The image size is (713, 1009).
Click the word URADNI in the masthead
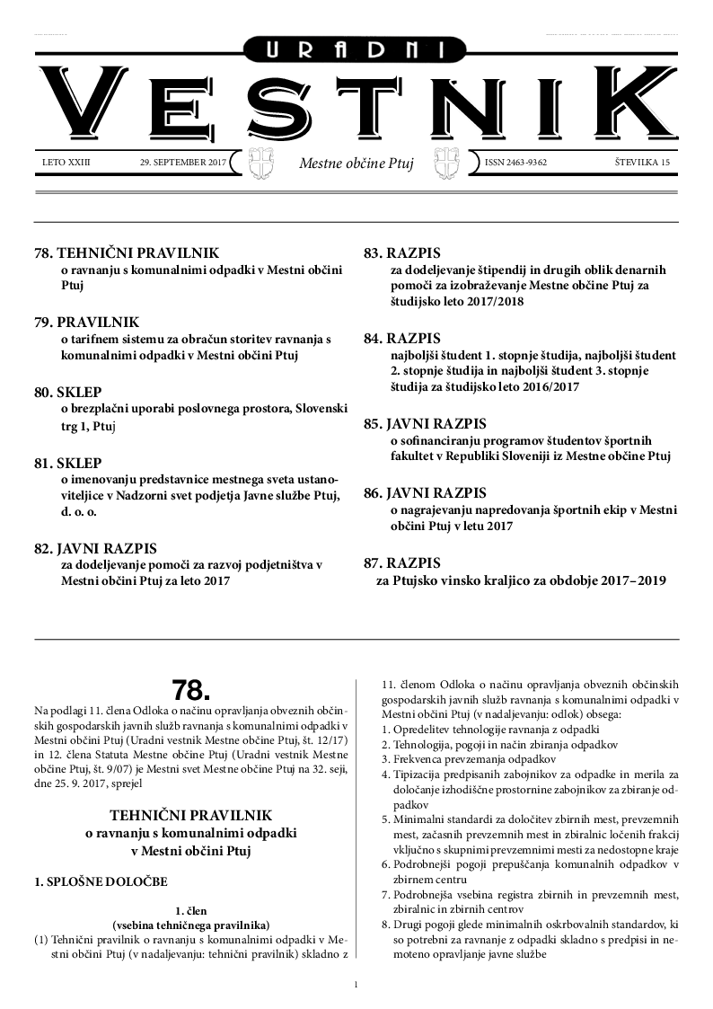coord(356,51)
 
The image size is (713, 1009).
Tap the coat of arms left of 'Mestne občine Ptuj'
coord(259,164)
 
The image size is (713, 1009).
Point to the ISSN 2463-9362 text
coord(515,163)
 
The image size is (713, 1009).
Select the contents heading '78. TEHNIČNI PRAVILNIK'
coord(126,253)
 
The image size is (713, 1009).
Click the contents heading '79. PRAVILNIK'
coord(86,322)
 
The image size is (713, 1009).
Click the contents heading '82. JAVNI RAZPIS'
coord(94,547)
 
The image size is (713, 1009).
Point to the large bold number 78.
coord(190,690)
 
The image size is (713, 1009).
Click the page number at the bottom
coord(356,986)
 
